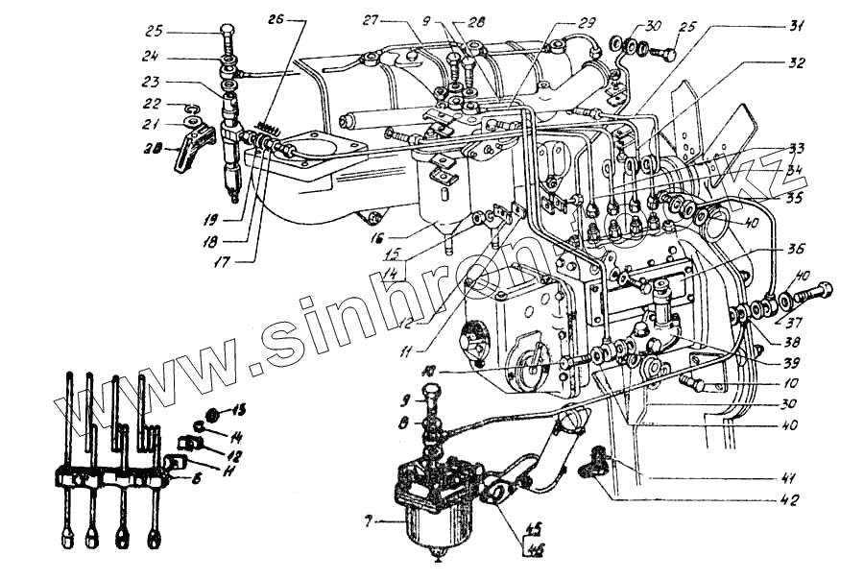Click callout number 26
click(276, 18)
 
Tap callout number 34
click(794, 170)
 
